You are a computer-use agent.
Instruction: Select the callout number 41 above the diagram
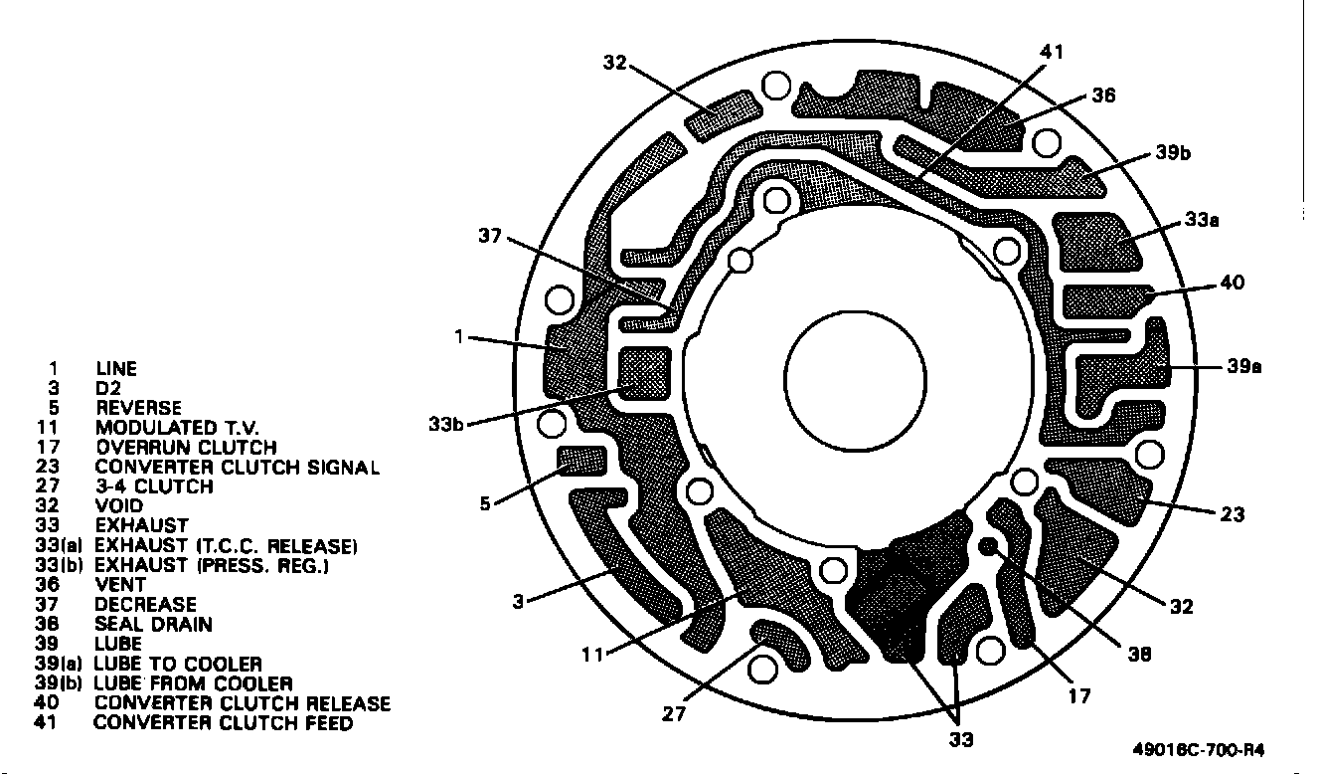point(1052,52)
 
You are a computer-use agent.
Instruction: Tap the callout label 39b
point(1173,153)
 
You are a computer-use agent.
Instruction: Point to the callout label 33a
point(1202,220)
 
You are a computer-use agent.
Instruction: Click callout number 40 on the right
point(1233,282)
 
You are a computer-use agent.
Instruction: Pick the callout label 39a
point(1244,366)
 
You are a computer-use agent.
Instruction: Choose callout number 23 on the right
point(1233,514)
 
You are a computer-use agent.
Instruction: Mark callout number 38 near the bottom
point(1138,654)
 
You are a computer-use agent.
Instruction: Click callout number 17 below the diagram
point(1079,696)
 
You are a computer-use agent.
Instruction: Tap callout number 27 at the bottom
point(674,714)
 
